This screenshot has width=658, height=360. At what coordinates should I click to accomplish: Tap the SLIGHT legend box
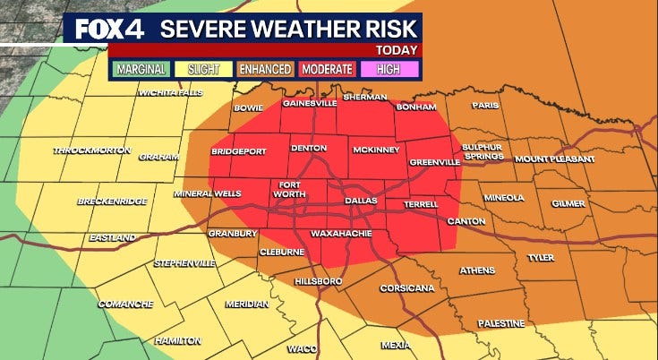[209, 68]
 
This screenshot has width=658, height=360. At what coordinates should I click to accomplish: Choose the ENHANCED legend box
[267, 68]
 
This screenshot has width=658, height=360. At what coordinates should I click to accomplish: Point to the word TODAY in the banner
[396, 50]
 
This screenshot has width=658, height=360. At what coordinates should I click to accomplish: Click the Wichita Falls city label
[170, 92]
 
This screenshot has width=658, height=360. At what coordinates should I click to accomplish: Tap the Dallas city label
[361, 201]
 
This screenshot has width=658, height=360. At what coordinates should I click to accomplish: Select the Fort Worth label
[289, 190]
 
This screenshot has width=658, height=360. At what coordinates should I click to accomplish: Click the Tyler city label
[540, 257]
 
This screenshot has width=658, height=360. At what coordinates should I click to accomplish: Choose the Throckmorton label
[86, 150]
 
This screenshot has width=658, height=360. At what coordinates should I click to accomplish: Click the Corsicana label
[407, 288]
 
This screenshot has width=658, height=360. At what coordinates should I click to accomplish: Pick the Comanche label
[125, 303]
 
